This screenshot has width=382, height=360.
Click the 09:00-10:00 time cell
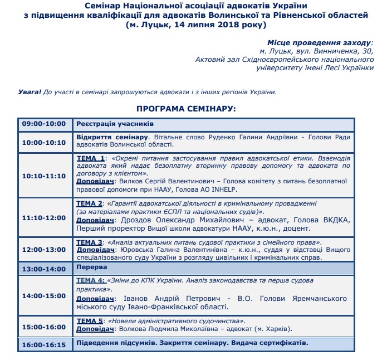pyautogui.click(x=44, y=124)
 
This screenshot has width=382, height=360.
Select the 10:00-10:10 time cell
pyautogui.click(x=44, y=142)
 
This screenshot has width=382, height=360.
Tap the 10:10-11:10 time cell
pyautogui.click(x=44, y=176)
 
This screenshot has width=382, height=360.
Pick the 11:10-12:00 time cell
pyautogui.click(x=44, y=217)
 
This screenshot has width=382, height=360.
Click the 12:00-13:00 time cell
pyautogui.click(x=44, y=249)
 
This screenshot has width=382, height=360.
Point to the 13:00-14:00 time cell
pyautogui.click(x=44, y=268)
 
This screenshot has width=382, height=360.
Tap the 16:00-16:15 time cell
pyautogui.click(x=44, y=344)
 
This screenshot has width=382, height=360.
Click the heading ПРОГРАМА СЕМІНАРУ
pyautogui.click(x=187, y=108)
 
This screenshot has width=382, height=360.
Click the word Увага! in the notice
pyautogui.click(x=30, y=92)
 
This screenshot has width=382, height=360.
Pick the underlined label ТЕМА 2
pyautogui.click(x=90, y=203)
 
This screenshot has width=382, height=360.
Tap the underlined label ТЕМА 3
pyautogui.click(x=90, y=242)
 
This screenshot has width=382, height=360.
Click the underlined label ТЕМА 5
pyautogui.click(x=90, y=321)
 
